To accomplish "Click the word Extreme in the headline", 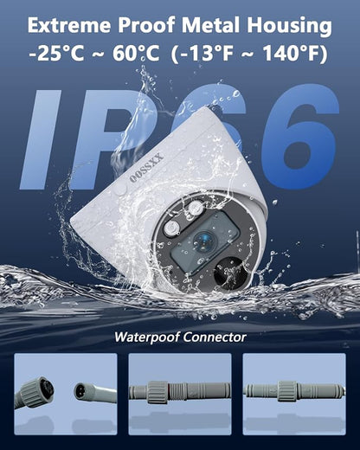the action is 69,25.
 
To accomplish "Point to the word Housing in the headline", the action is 289,27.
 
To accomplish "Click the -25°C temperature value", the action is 57,54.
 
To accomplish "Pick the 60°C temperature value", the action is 136,54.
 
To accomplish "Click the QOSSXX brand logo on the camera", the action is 147,168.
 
